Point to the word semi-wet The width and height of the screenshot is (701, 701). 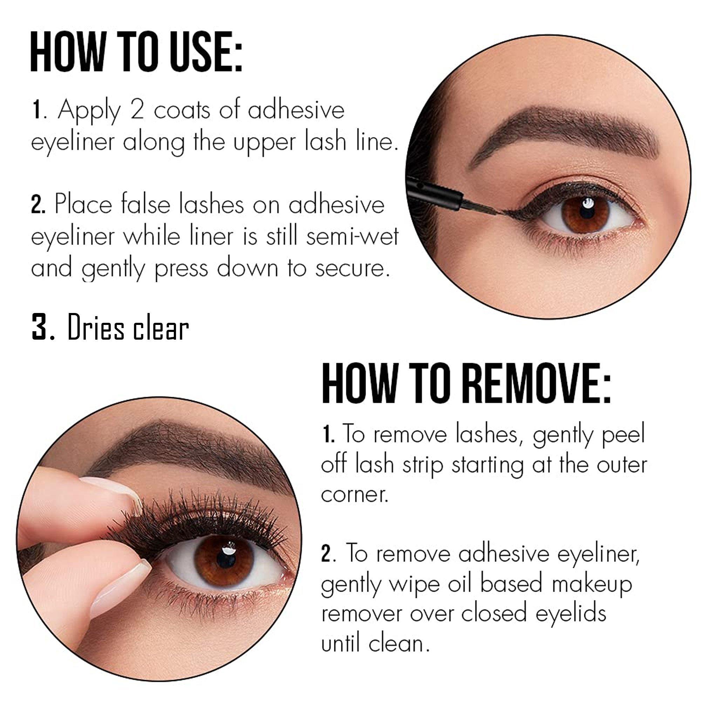click(352, 237)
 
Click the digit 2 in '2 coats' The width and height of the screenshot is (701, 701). click(137, 110)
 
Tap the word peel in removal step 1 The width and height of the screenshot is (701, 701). click(623, 435)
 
